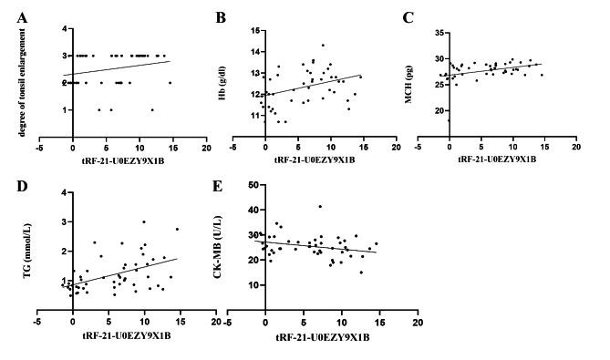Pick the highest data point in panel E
[319, 207]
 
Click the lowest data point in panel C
[448, 120]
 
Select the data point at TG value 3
[144, 221]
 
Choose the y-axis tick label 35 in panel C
[432, 33]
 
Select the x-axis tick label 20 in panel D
[215, 320]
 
